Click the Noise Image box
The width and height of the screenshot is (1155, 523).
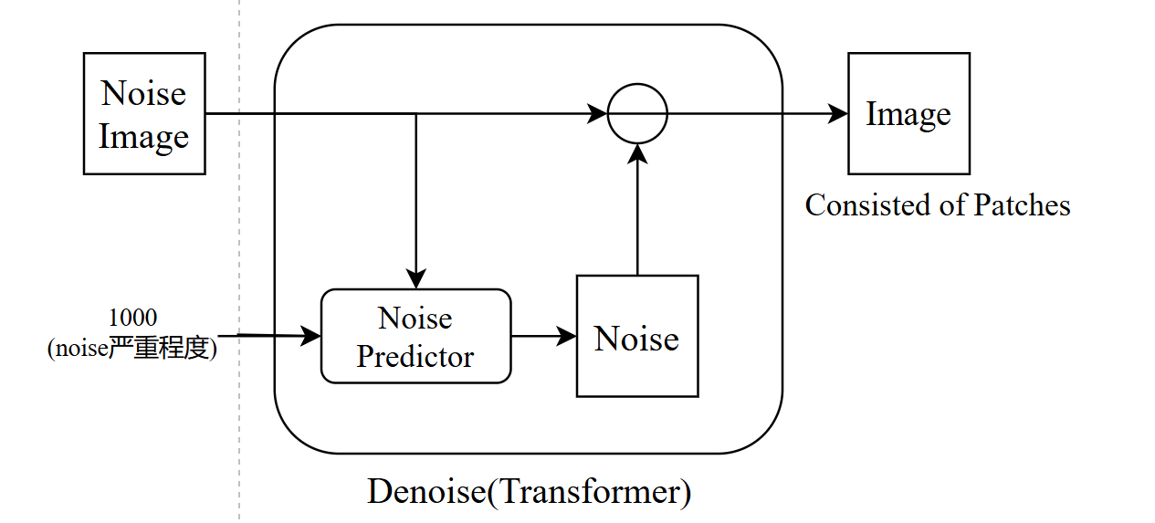[144, 114]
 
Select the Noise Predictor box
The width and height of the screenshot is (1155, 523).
[415, 336]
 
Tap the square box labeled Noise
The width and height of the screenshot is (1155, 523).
[637, 336]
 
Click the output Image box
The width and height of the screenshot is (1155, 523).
[908, 114]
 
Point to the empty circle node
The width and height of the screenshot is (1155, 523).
[638, 114]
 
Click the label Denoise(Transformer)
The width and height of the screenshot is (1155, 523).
[529, 492]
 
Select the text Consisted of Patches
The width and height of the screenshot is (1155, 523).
[937, 205]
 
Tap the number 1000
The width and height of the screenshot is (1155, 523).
[132, 318]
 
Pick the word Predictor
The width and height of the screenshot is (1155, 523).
[415, 356]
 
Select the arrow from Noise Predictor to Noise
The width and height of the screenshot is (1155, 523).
[543, 336]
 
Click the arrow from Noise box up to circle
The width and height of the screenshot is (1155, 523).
[637, 210]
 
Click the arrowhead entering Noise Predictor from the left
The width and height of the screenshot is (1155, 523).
[313, 336]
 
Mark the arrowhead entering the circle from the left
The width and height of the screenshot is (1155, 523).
[598, 114]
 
